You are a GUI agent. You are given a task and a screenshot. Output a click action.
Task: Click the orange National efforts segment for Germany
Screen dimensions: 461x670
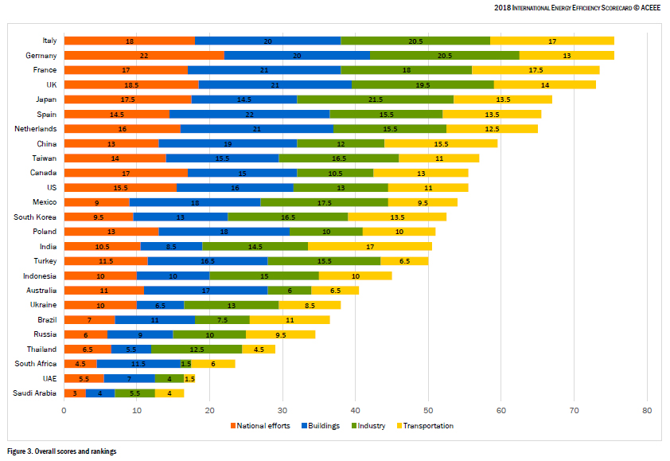point(144,55)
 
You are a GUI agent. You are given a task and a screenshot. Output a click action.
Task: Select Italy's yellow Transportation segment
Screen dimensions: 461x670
point(551,41)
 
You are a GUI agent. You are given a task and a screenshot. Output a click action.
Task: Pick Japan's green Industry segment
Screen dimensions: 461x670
point(375,100)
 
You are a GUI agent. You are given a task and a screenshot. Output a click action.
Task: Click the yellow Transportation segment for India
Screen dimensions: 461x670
point(370,246)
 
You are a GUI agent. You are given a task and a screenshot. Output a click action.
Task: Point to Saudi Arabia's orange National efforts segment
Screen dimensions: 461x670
point(75,393)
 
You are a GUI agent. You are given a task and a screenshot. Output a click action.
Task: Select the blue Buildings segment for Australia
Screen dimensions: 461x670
point(206,291)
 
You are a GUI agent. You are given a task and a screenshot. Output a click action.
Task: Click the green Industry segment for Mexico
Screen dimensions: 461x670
point(324,202)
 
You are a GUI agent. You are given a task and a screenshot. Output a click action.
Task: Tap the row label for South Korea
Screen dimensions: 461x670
point(35,217)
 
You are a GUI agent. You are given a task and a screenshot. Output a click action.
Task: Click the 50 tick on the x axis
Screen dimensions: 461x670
point(428,411)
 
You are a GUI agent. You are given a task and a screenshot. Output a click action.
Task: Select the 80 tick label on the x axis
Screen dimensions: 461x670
point(647,411)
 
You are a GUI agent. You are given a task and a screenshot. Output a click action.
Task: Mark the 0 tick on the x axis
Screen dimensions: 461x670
point(64,411)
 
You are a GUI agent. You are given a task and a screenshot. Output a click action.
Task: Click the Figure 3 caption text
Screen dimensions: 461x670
point(62,451)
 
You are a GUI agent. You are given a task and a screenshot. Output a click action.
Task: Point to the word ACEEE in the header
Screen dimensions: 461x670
point(647,8)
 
